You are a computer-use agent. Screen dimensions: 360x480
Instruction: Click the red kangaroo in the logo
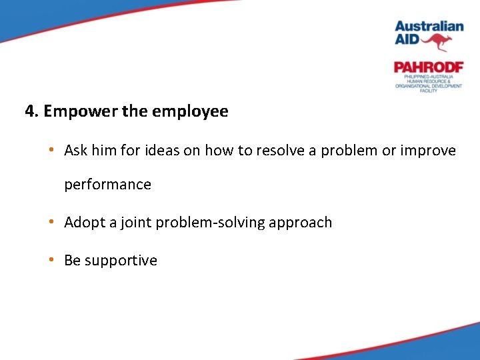tap(437, 43)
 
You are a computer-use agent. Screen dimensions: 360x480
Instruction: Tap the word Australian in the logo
tap(429, 27)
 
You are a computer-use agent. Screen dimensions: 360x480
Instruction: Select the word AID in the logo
tap(407, 40)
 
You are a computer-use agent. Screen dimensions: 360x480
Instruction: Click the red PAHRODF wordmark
tap(428, 67)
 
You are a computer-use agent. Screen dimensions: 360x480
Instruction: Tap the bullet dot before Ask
tap(51, 151)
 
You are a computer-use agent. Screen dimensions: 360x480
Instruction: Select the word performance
tap(107, 185)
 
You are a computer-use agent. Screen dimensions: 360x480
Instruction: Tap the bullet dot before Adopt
tap(51, 223)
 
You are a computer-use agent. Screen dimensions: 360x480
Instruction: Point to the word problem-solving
tap(210, 223)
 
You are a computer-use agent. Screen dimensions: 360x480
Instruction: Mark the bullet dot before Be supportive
tap(51, 261)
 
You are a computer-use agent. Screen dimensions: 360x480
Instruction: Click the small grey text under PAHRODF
tap(428, 83)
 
